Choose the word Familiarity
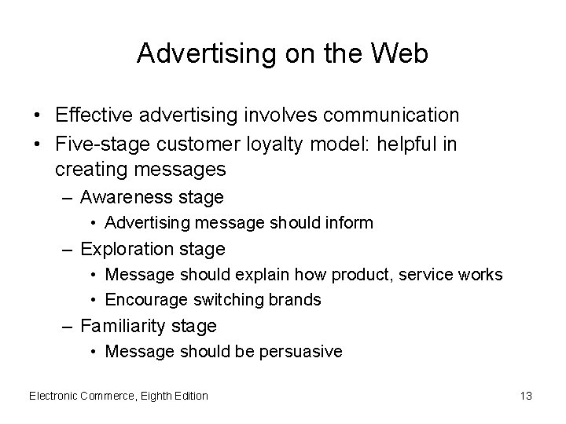(x=126, y=325)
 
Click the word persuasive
(x=302, y=351)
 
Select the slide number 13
(x=526, y=396)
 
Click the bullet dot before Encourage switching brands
(x=94, y=299)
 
